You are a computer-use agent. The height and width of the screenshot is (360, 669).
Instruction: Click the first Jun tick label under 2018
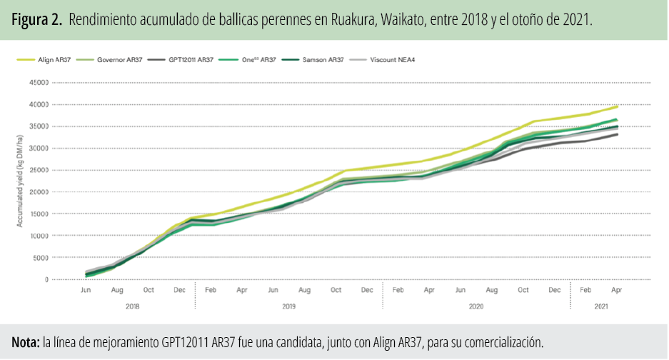click(x=86, y=290)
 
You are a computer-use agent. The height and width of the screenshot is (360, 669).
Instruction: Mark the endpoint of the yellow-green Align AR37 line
click(x=617, y=106)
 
